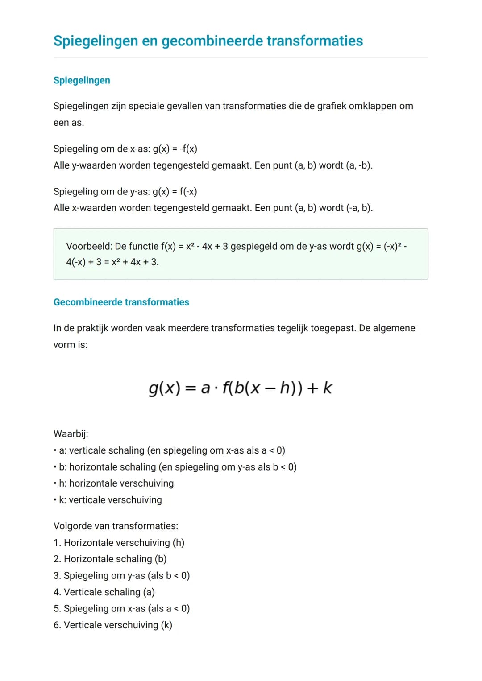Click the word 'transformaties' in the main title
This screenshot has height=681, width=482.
(x=315, y=41)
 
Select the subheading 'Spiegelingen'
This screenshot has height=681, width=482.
(x=82, y=80)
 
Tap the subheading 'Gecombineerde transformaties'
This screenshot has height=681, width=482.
(x=121, y=302)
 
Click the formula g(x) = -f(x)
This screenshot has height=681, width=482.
(x=175, y=149)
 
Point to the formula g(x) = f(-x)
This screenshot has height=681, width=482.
(x=175, y=192)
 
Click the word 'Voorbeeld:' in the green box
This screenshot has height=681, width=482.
(x=89, y=246)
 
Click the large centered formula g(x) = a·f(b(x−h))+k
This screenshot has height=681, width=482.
(x=241, y=388)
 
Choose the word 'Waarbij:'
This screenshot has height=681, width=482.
(x=71, y=434)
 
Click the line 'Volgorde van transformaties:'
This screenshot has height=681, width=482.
(x=116, y=526)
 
